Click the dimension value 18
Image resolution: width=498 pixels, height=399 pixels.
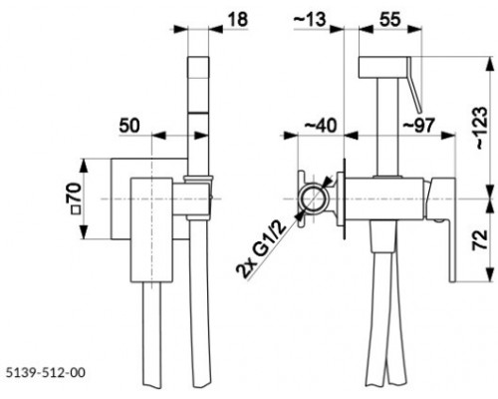pyautogui.click(x=238, y=20)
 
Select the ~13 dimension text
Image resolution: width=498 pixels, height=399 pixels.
pyautogui.click(x=310, y=20)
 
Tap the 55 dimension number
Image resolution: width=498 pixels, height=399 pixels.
pyautogui.click(x=389, y=20)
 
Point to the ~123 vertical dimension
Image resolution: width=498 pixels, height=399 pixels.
pyautogui.click(x=481, y=128)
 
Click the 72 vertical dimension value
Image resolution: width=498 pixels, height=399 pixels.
pyautogui.click(x=480, y=239)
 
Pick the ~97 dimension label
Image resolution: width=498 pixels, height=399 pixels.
pyautogui.click(x=418, y=126)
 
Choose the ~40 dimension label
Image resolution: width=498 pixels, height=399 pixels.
pyautogui.click(x=321, y=126)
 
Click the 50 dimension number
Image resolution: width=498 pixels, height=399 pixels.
pyautogui.click(x=129, y=126)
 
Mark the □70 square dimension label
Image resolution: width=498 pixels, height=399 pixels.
pyautogui.click(x=74, y=199)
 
